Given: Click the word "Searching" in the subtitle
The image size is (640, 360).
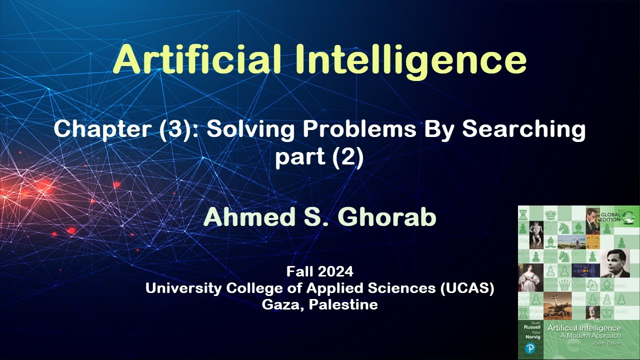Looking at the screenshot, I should [x=523, y=129].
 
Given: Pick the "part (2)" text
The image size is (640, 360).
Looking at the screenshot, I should [x=319, y=157].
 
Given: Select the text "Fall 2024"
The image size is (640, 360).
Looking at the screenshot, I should [x=319, y=271].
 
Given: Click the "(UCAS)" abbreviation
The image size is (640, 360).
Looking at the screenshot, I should [x=467, y=288].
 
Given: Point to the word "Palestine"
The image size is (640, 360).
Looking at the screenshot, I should [x=343, y=304].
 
